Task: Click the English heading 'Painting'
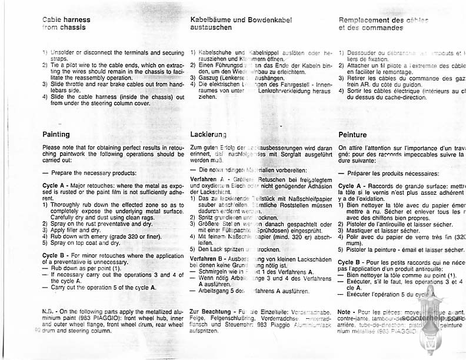click(x=56, y=135)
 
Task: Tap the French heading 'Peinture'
click(x=353, y=135)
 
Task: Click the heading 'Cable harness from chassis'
click(x=66, y=23)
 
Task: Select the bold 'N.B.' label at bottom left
click(x=48, y=309)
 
